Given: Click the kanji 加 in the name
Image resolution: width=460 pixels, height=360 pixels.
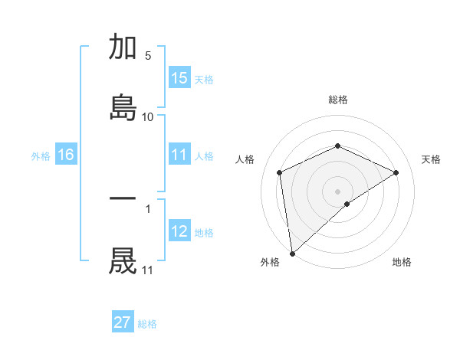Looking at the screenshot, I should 123,47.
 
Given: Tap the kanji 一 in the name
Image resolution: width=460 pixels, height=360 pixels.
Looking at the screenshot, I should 123,199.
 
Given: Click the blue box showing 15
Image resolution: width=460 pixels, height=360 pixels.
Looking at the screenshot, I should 179,78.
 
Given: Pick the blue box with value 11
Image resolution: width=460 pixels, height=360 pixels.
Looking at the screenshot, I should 179,155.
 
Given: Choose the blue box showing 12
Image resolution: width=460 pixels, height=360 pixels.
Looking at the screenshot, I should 179,231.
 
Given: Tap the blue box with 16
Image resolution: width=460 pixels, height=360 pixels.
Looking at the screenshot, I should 66,155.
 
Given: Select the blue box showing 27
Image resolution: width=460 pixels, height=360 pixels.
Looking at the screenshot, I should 123,322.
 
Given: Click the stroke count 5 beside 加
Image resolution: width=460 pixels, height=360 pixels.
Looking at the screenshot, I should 148,56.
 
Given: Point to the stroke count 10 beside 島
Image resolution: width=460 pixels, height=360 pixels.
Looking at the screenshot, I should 147,117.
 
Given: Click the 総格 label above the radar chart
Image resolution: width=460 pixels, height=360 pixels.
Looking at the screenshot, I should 337,100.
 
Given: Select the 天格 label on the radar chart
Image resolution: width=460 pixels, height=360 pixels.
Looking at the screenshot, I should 431,159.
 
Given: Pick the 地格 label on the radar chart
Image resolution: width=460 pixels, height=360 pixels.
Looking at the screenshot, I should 402,262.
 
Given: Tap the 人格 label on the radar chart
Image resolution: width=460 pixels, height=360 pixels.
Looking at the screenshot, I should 245,159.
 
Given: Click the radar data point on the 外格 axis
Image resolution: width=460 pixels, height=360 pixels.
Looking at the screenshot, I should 292,253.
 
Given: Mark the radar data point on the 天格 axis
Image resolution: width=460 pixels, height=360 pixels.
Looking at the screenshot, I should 396,172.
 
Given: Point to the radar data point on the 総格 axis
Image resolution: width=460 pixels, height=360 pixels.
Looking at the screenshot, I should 337,146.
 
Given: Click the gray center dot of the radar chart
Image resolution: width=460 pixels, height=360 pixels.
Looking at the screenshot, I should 337,191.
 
